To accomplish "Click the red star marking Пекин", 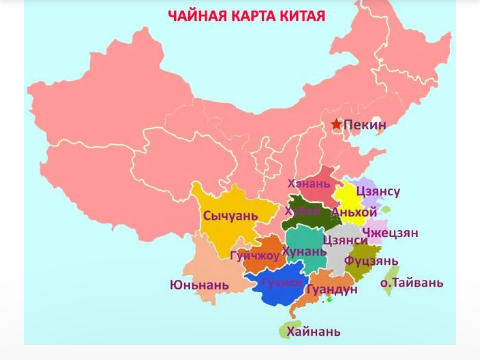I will pyautogui.click(x=336, y=124).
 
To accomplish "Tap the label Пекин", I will pyautogui.click(x=365, y=124).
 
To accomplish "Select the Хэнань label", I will pyautogui.click(x=309, y=183).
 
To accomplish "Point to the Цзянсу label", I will pyautogui.click(x=378, y=191).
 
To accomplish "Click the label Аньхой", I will pyautogui.click(x=354, y=212).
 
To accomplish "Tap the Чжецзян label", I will pyautogui.click(x=390, y=233).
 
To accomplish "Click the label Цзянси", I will pyautogui.click(x=346, y=240).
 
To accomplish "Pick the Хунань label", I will pyautogui.click(x=304, y=250).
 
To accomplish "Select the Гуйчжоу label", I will pyautogui.click(x=255, y=256).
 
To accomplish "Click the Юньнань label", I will pyautogui.click(x=199, y=285).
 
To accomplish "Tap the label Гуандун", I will pyautogui.click(x=332, y=289).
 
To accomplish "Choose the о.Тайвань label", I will pyautogui.click(x=412, y=283).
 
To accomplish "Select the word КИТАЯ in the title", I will pyautogui.click(x=321, y=15).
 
